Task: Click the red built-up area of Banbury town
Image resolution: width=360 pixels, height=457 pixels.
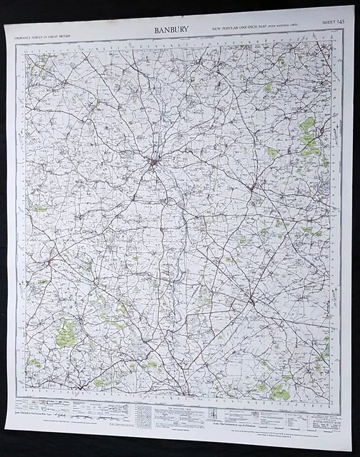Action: coord(153,166)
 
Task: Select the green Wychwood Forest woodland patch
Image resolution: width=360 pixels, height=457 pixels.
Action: coord(66,331)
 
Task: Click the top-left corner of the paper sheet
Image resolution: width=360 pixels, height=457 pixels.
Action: coord(6,29)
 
